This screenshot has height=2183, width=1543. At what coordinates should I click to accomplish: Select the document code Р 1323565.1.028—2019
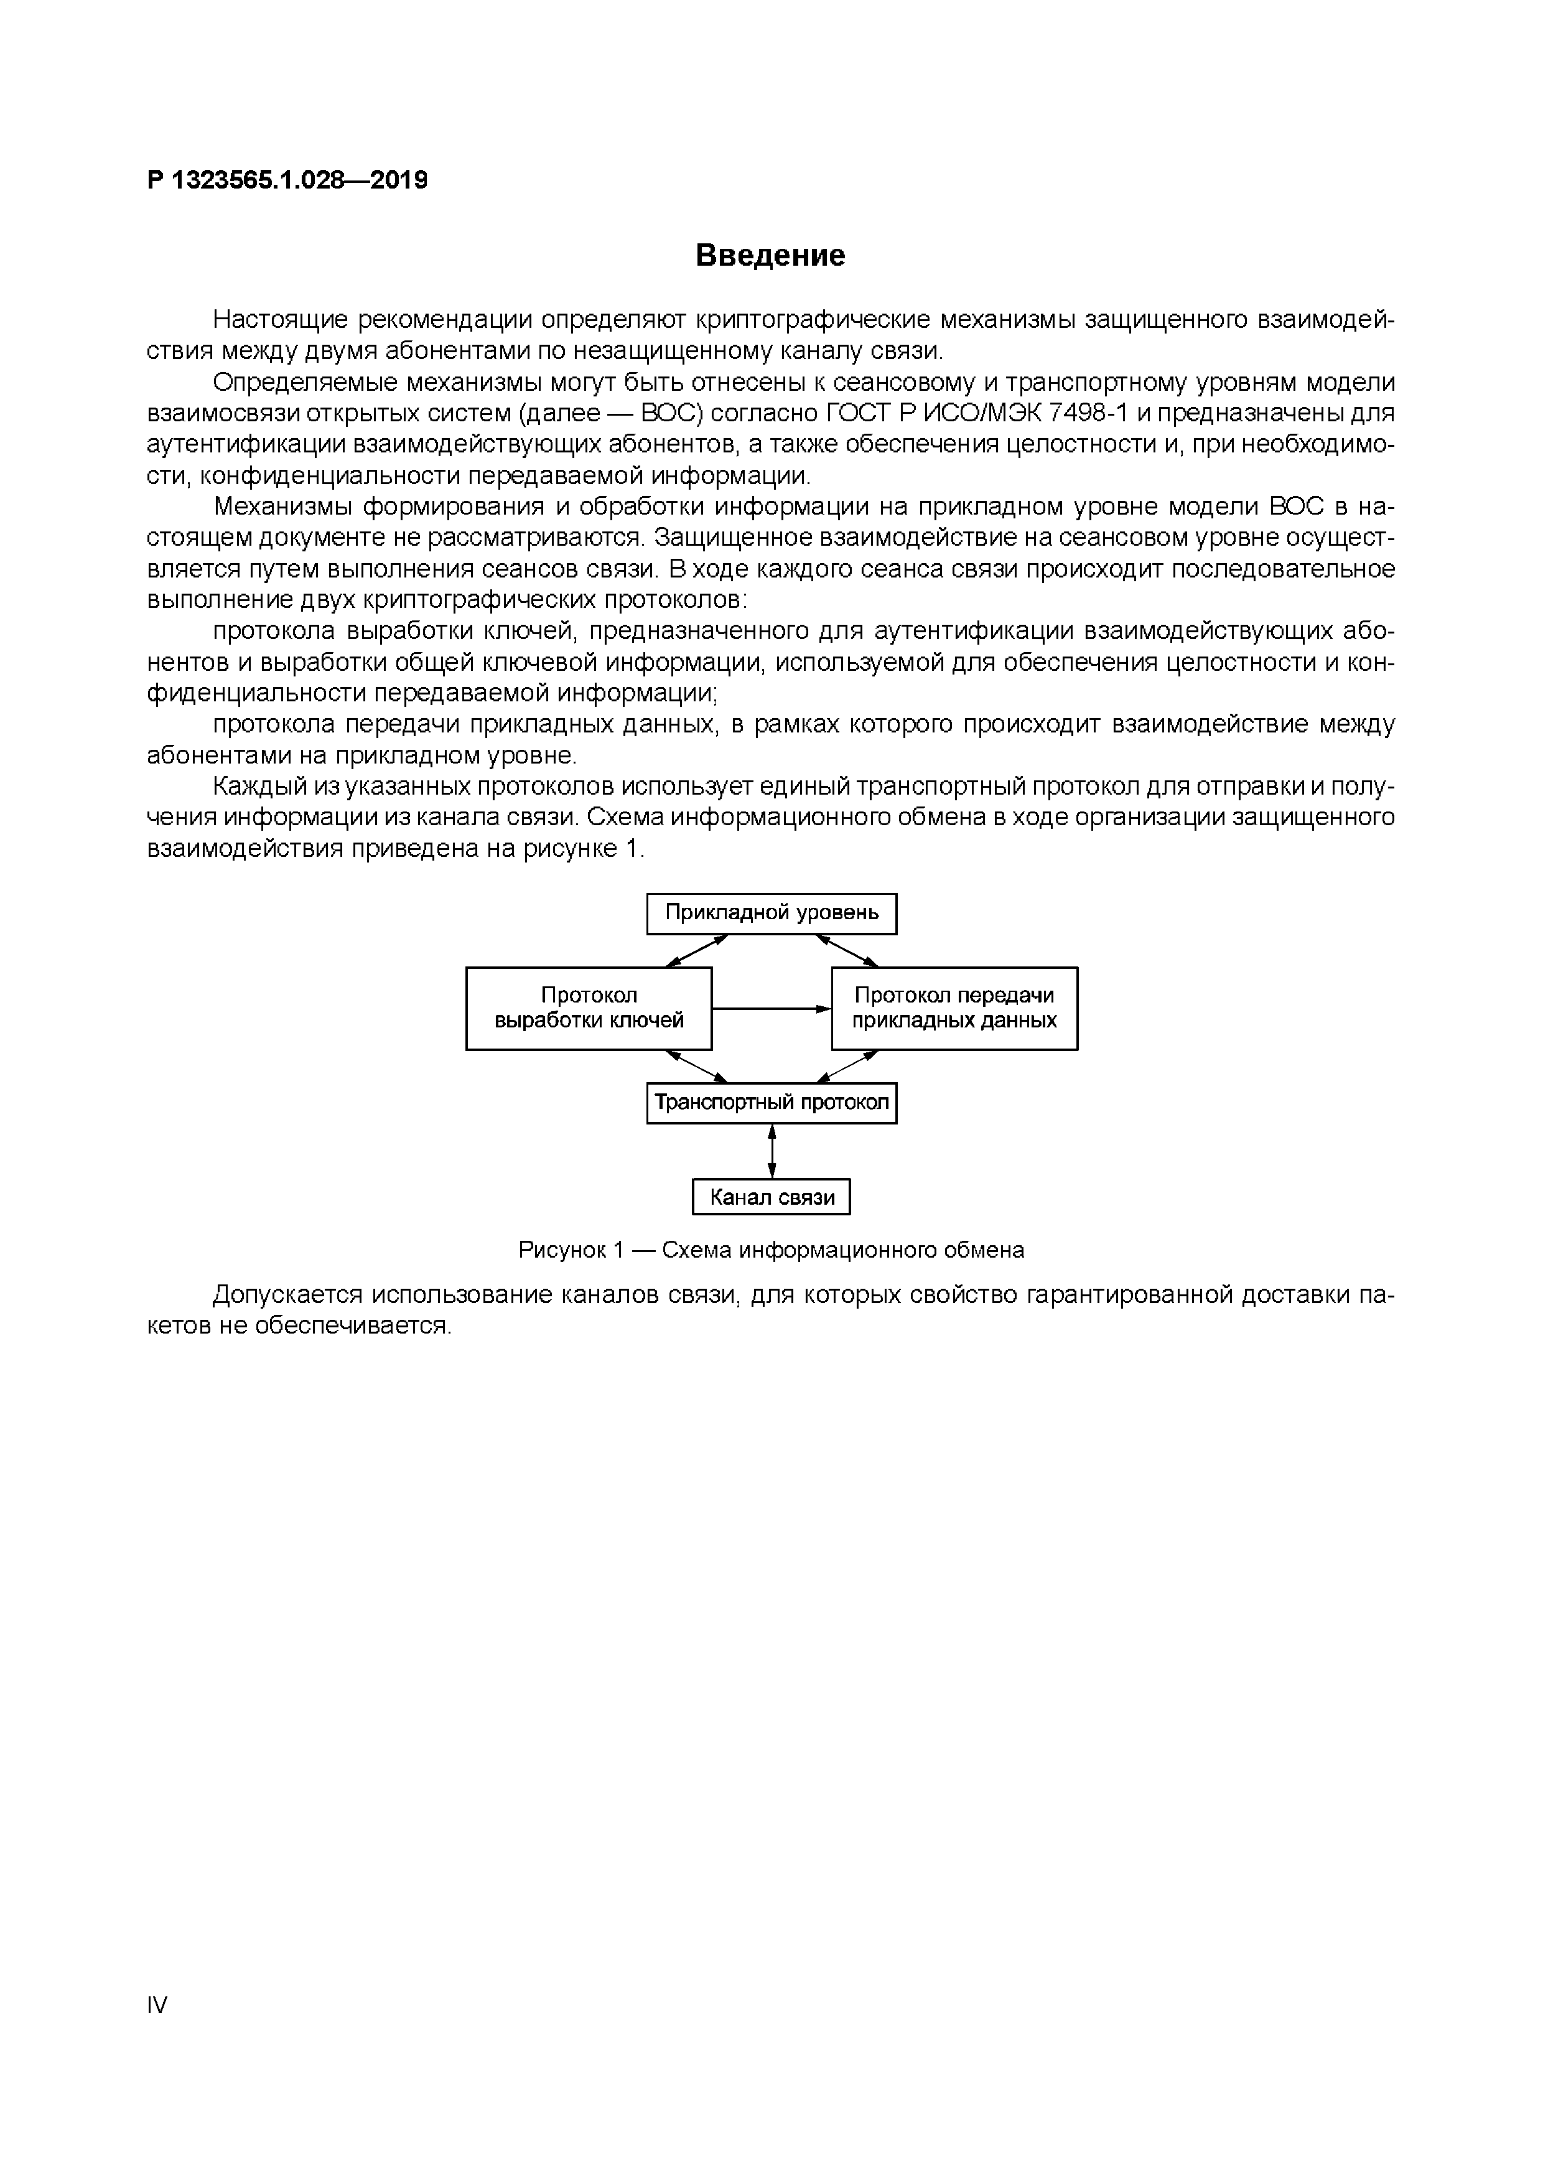(x=287, y=180)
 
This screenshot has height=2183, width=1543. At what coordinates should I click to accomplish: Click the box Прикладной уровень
(x=771, y=914)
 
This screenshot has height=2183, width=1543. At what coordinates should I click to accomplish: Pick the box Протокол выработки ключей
(x=589, y=1008)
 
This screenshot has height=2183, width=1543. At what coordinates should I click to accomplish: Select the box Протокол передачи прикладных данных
(x=954, y=1008)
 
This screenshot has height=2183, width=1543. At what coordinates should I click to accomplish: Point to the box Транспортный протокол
(x=771, y=1103)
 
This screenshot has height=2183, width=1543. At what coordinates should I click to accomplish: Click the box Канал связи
(x=771, y=1197)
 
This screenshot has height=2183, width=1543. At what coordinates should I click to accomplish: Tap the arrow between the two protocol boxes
(x=771, y=1009)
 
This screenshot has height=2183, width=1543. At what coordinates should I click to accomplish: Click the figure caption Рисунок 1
(x=771, y=1250)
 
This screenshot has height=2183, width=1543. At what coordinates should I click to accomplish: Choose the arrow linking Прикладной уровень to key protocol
(x=697, y=951)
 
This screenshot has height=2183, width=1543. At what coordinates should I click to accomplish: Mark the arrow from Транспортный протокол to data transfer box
(x=847, y=1067)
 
